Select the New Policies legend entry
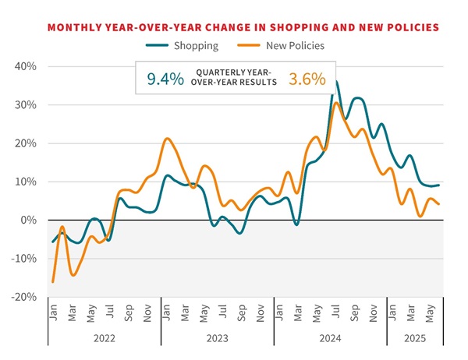pos(294,45)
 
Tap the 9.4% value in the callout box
pos(165,78)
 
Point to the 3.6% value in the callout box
pos(306,78)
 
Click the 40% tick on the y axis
pos(26,66)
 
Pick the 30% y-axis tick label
pos(26,104)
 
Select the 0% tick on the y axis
pos(29,221)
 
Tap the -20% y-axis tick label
pos(24,297)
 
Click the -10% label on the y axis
pos(24,259)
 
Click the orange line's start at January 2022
pos(53,281)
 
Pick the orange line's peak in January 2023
pos(167,139)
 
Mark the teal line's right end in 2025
pos(438,185)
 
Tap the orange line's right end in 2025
pos(438,204)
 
